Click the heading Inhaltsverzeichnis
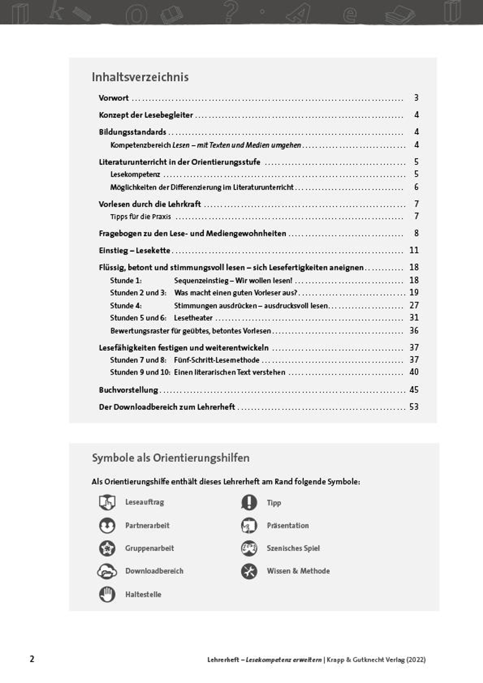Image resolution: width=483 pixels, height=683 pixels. [140, 77]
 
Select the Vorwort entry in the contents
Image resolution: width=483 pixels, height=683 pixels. [114, 98]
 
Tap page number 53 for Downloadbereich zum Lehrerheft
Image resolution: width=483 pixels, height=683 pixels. [414, 407]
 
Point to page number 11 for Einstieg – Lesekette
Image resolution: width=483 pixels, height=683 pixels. [414, 250]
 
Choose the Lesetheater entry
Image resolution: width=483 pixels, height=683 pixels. [193, 318]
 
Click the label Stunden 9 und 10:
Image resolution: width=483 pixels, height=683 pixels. [140, 372]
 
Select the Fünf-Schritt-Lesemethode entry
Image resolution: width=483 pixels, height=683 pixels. [217, 360]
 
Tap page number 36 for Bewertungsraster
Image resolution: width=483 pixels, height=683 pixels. [414, 330]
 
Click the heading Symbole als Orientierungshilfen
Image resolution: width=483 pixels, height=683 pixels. [170, 458]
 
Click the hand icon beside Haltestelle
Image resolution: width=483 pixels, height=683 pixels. [107, 594]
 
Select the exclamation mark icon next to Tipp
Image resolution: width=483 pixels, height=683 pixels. [249, 502]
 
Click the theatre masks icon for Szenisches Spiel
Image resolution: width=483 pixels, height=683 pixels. [249, 548]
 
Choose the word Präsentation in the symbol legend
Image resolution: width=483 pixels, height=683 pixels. [287, 526]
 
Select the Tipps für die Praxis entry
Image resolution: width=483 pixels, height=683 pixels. [140, 217]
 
